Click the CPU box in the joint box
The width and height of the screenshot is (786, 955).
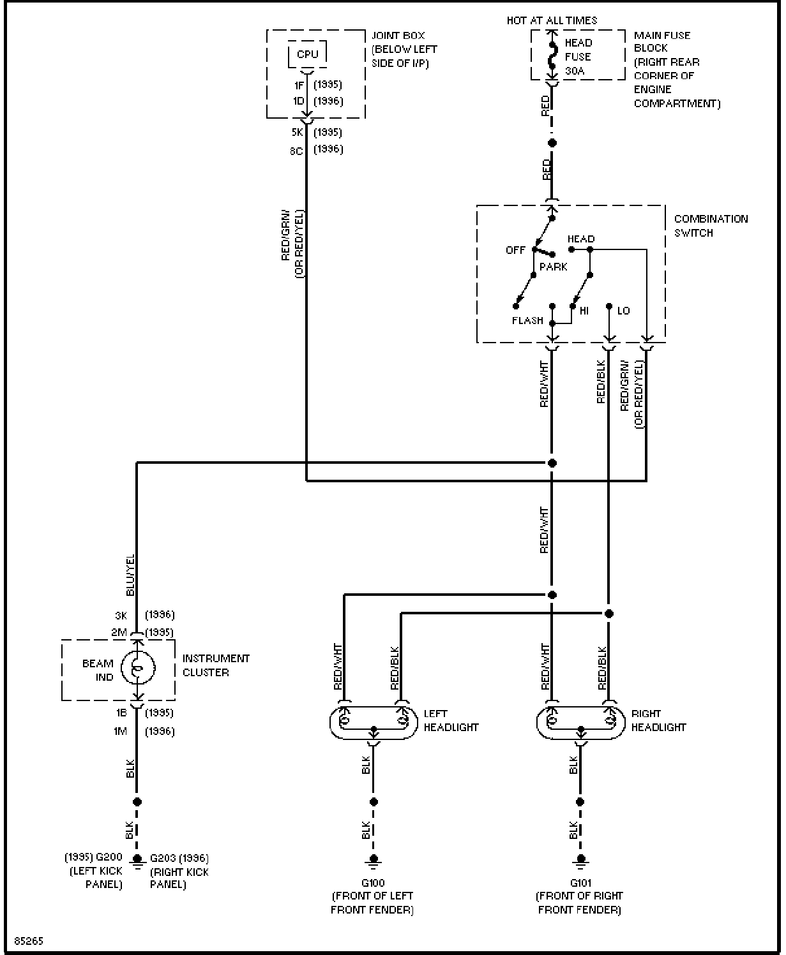(x=307, y=54)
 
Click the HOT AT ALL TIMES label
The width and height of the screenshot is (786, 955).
(x=552, y=20)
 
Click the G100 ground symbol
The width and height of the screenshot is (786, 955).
(x=374, y=860)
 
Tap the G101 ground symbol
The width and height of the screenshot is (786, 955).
(x=580, y=860)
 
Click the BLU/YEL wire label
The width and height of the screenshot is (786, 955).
(x=130, y=575)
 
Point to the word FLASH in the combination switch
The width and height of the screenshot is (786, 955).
(x=527, y=321)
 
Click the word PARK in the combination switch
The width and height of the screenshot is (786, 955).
(x=553, y=267)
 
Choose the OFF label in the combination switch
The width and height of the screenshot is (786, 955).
(x=515, y=250)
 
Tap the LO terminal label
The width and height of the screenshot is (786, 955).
(x=624, y=311)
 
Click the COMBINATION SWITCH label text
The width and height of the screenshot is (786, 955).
(x=711, y=226)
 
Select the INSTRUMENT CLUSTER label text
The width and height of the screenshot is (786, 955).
(x=216, y=665)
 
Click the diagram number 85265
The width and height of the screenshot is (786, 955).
(x=29, y=941)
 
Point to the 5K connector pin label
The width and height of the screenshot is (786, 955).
(x=298, y=132)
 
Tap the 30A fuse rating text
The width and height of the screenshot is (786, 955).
(x=574, y=71)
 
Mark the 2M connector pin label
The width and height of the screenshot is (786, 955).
(x=119, y=632)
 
